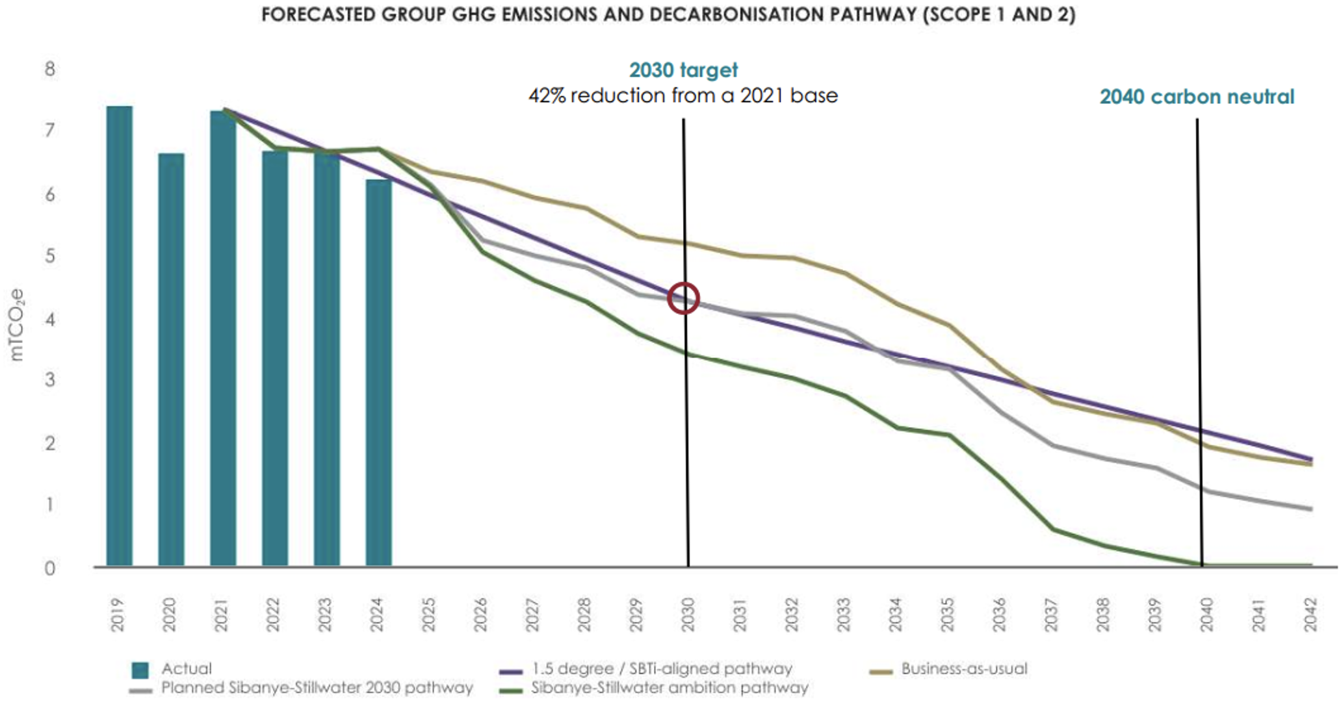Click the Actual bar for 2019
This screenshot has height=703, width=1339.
(x=120, y=336)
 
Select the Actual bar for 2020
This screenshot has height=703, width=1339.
(x=172, y=359)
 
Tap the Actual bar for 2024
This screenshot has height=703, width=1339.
(x=379, y=372)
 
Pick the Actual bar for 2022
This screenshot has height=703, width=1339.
(x=275, y=358)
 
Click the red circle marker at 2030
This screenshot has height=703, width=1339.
(x=683, y=299)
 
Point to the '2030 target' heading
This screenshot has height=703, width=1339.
(x=683, y=70)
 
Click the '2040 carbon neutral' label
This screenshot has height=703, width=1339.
(x=1197, y=97)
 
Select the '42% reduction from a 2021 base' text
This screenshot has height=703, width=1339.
(x=683, y=96)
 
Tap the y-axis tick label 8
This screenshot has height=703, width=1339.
(x=49, y=69)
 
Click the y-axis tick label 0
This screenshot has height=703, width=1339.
(x=49, y=569)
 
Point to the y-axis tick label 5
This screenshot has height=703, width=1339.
(x=49, y=256)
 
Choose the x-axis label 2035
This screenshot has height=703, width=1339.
(x=947, y=615)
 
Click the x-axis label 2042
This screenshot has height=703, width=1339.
(x=1310, y=615)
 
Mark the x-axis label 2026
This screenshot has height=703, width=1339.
(x=480, y=615)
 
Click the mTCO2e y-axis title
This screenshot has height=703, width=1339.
(x=16, y=325)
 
